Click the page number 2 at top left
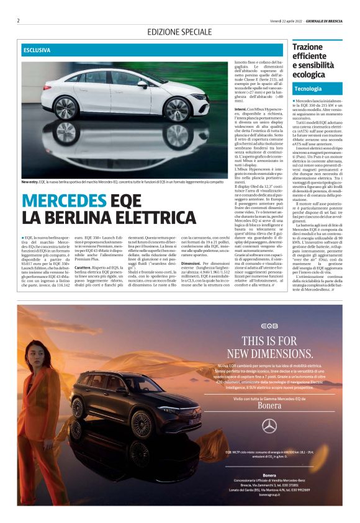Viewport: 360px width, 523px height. tap(19, 20)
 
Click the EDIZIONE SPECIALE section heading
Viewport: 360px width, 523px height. tap(179, 32)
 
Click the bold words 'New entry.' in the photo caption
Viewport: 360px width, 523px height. tap(30, 182)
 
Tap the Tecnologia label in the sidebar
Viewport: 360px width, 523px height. tap(308, 89)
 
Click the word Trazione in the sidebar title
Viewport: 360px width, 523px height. tap(308, 47)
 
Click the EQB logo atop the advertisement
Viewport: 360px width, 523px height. tap(269, 325)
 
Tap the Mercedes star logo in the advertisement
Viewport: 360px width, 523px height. tap(269, 425)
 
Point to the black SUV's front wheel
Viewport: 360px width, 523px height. tap(143, 425)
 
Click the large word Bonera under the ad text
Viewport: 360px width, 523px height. tap(269, 405)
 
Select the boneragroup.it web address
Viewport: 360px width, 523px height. tap(269, 495)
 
